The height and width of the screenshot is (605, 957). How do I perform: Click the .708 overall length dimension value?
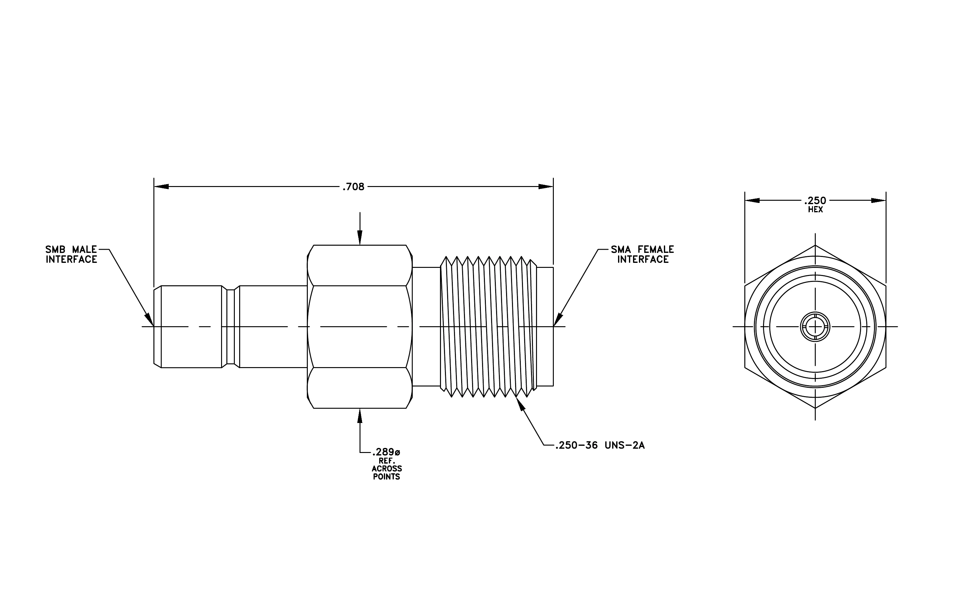[x=353, y=187]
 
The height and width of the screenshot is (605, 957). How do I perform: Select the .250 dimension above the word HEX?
[x=815, y=200]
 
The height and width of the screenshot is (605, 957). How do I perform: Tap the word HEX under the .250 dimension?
[x=815, y=209]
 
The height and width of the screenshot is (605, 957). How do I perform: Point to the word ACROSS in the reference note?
[x=387, y=469]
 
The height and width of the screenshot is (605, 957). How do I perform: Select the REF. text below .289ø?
[x=387, y=461]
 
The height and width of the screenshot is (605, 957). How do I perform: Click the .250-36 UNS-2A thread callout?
[x=600, y=445]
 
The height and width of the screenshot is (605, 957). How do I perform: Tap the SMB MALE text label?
[x=71, y=249]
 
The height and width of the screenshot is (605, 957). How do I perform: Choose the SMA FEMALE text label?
[x=643, y=249]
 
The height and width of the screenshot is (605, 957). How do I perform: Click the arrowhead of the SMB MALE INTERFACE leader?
[x=149, y=320]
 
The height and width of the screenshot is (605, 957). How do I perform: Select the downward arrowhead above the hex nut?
[x=360, y=238]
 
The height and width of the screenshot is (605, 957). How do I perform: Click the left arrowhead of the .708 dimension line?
[x=161, y=187]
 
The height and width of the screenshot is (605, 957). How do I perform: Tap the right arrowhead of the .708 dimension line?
[x=546, y=187]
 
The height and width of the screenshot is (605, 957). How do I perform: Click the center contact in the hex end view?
[x=815, y=327]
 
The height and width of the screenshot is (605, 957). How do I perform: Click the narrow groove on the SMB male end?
[x=230, y=327]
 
